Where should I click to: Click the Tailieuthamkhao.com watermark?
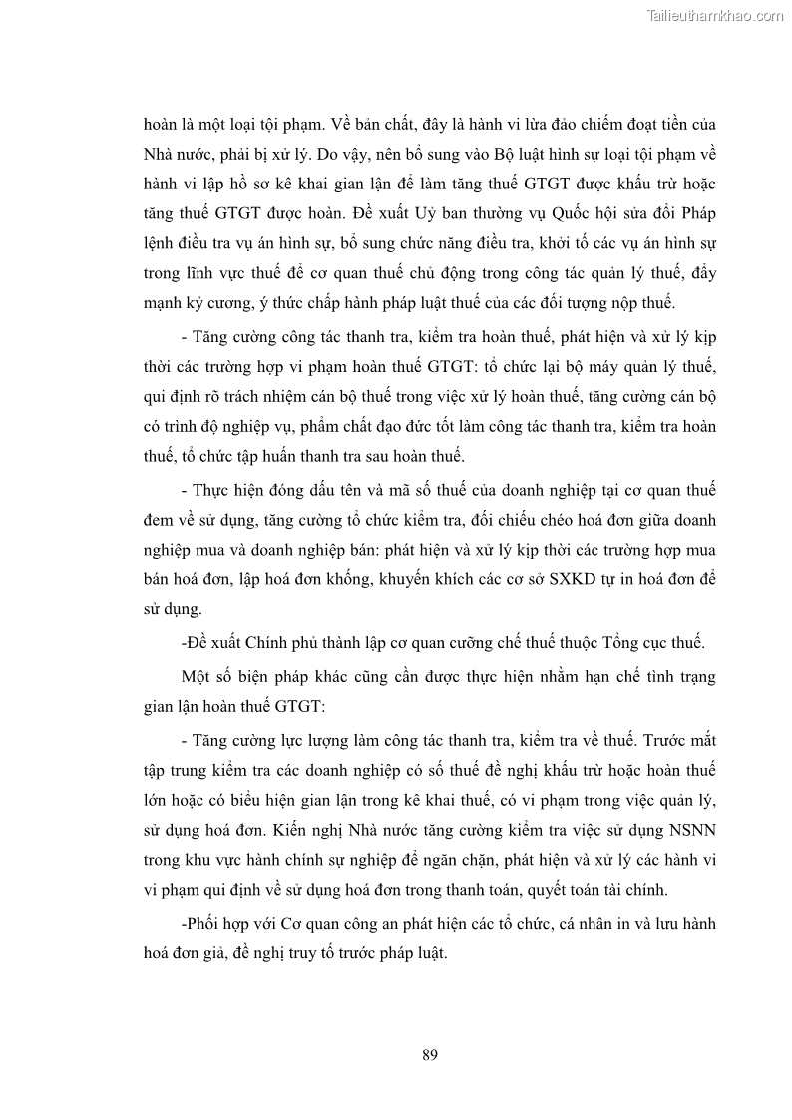click(x=715, y=15)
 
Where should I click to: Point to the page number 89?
click(x=430, y=1055)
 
